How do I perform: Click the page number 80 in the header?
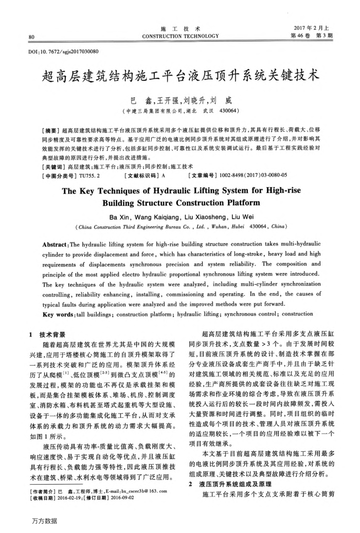click(31, 37)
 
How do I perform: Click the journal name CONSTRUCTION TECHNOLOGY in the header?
click(180, 36)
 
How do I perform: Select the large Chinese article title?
click(180, 78)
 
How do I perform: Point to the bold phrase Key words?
click(58, 314)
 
